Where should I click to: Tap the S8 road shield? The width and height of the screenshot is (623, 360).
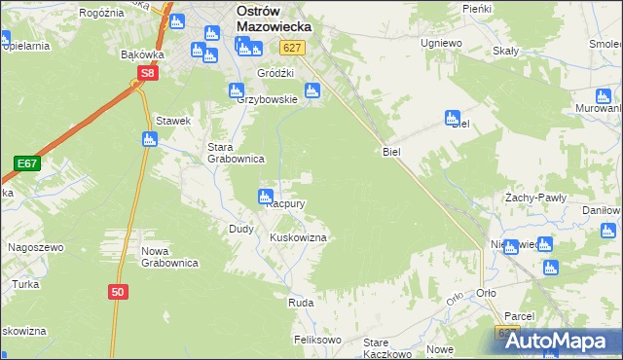(147, 73)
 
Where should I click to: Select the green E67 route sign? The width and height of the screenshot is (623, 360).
(26, 163)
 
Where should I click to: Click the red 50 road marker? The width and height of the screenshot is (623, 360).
(117, 291)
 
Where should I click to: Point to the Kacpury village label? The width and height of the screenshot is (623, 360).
(287, 204)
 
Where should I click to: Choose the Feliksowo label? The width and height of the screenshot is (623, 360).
(317, 341)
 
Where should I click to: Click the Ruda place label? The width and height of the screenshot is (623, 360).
(300, 304)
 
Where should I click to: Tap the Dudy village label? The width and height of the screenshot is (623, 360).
(241, 229)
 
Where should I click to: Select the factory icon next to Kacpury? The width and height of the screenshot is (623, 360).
(264, 198)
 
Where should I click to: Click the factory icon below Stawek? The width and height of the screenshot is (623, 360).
(149, 139)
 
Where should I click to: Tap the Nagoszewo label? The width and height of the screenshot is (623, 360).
(36, 247)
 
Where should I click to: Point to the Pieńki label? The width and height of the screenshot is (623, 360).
(476, 8)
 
